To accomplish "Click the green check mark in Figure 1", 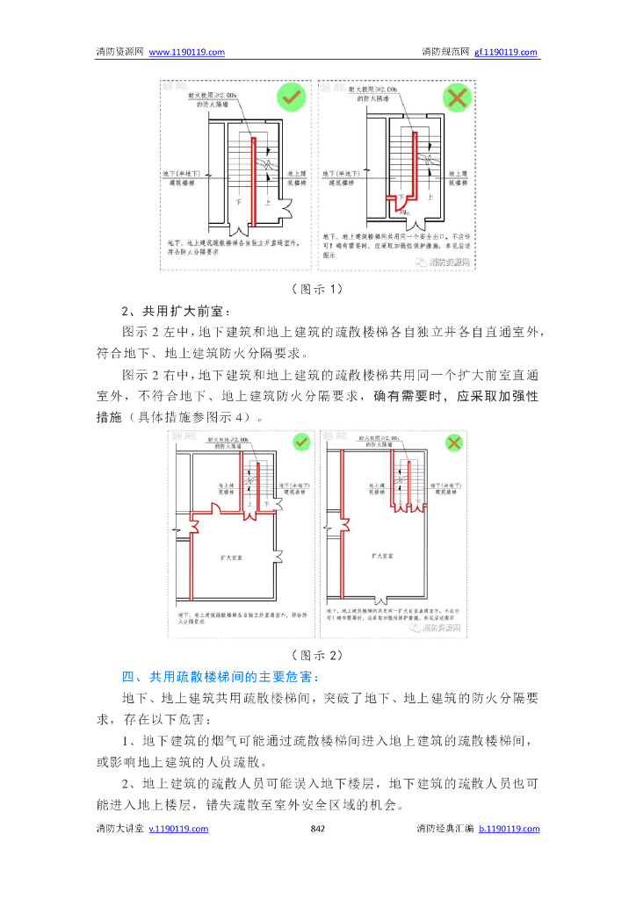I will coord(291,97).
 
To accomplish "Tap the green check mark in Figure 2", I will coord(301,442).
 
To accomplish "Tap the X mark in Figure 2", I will coord(453,442).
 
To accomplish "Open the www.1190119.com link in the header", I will coord(187,52).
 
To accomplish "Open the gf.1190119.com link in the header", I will coord(506,52).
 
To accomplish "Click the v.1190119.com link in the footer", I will coord(178,828).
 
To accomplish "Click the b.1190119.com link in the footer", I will coord(510,828).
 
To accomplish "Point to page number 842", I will coord(319,828).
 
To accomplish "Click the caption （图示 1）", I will coord(317,289).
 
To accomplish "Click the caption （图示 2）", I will coord(317,655).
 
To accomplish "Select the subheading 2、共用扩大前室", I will coord(176,311).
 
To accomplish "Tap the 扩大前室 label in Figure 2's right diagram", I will coord(384,556).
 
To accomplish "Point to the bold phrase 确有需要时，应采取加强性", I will coord(456,396).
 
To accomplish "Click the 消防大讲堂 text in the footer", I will coord(119,828).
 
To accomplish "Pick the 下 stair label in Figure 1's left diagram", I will coord(238,201).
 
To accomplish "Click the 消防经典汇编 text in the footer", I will coord(445,828).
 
